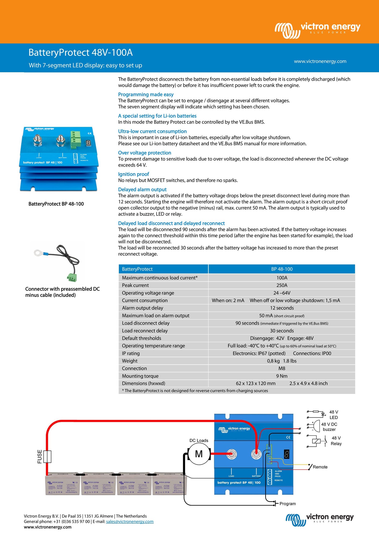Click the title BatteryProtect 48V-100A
pos(81,53)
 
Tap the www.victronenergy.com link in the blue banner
pos(320,61)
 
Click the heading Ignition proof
pos(134,174)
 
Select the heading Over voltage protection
pos(145,153)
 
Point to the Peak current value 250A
pos(282,285)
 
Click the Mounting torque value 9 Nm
pos(282,376)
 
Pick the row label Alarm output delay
pos(142,308)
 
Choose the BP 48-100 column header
pos(282,269)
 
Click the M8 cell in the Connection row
pos(282,368)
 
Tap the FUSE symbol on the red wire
pos(47,457)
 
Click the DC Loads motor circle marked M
pos(199,454)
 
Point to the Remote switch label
pos(320,467)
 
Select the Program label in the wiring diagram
pos(287,504)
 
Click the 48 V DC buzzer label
pos(329,427)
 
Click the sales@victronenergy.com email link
pos(130,521)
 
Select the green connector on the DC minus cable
pos(71,277)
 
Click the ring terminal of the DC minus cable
pos(38,253)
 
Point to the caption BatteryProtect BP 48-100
pos(56,204)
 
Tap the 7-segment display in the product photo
pos(89,143)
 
